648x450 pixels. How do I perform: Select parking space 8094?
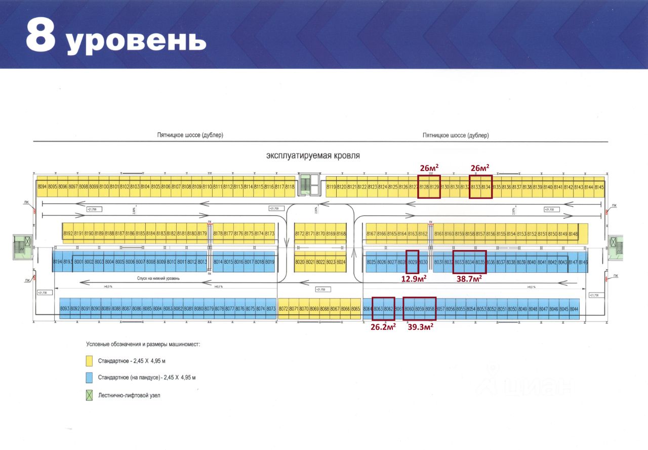tap(42, 187)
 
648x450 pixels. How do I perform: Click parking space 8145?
tap(599, 187)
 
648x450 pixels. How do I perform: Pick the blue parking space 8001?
tap(78, 262)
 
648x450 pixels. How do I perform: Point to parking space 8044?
tap(574, 309)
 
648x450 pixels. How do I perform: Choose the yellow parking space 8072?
tap(283, 309)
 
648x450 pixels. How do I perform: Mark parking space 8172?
tap(299, 233)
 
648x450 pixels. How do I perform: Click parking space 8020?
tap(299, 262)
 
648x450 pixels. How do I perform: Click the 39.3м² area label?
tap(420, 326)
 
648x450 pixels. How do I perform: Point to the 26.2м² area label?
tap(383, 326)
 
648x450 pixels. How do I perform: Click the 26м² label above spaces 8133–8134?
tap(480, 168)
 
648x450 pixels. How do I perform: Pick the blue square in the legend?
tap(89, 377)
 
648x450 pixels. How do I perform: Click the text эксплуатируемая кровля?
tap(312, 156)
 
